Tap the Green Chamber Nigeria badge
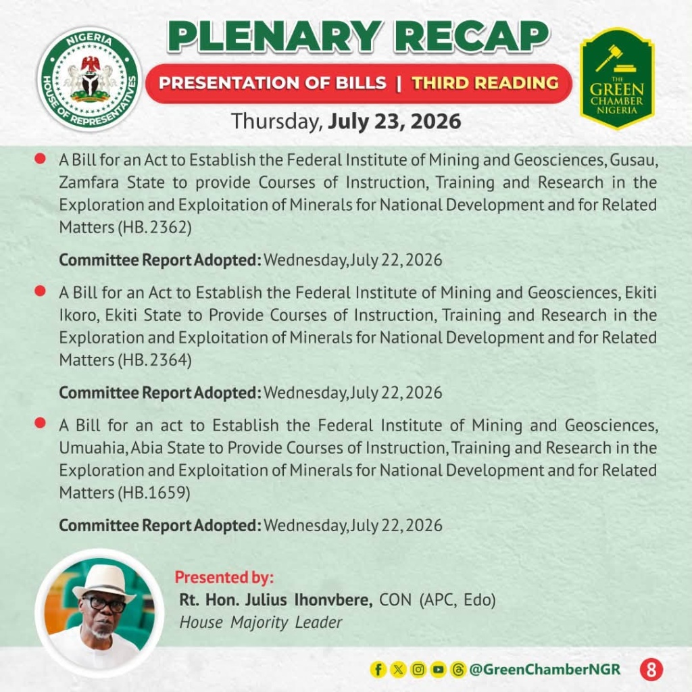[x=617, y=78]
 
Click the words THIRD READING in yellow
[x=485, y=83]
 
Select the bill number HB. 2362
[x=155, y=227]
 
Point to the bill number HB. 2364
[x=155, y=360]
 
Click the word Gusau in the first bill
[x=634, y=160]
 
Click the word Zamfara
[x=89, y=182]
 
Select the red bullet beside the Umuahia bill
[x=40, y=423]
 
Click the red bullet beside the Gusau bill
[x=40, y=158]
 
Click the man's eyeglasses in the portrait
[x=104, y=603]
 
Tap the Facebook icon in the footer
[x=378, y=670]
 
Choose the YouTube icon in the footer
[x=438, y=670]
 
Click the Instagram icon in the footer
[x=418, y=670]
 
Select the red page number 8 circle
[x=651, y=670]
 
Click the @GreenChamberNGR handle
[x=545, y=670]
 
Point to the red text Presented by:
[x=224, y=577]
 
